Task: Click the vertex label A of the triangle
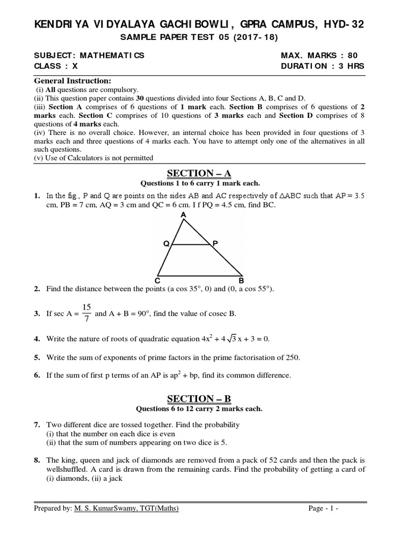[183, 215]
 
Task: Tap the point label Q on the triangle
[166, 244]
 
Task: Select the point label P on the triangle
[215, 243]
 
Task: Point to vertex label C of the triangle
[157, 280]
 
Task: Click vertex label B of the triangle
[241, 280]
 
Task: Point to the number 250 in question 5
[291, 357]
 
